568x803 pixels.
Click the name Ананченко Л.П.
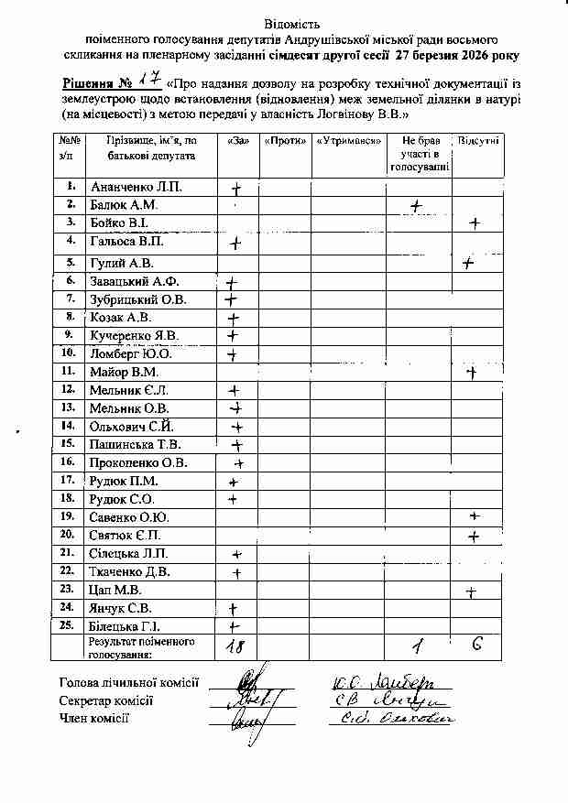click(x=136, y=187)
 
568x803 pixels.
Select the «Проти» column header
click(x=284, y=141)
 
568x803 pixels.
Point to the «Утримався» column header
click(x=348, y=141)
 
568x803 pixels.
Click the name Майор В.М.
click(x=125, y=372)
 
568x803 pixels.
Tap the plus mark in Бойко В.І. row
click(x=474, y=223)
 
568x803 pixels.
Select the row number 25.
click(x=67, y=625)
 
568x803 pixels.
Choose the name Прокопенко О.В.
click(x=138, y=462)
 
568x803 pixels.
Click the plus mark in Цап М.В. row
click(x=470, y=591)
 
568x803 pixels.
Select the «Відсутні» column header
click(x=478, y=141)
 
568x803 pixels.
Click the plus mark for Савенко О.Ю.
click(x=474, y=517)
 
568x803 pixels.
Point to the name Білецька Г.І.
click(x=126, y=626)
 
